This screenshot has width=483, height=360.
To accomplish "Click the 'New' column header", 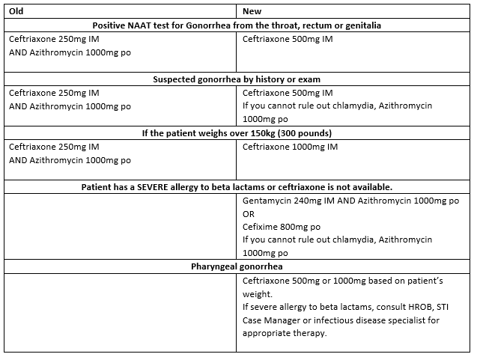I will (x=252, y=11).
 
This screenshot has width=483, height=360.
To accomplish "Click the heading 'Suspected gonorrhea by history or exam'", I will (x=237, y=79).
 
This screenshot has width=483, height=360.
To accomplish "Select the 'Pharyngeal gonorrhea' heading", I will (x=237, y=266).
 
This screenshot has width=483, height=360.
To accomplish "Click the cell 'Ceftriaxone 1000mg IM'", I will (x=290, y=147).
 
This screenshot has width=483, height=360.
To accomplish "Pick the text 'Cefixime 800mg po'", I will (x=282, y=226).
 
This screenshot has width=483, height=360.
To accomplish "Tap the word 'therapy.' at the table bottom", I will (x=309, y=334).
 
